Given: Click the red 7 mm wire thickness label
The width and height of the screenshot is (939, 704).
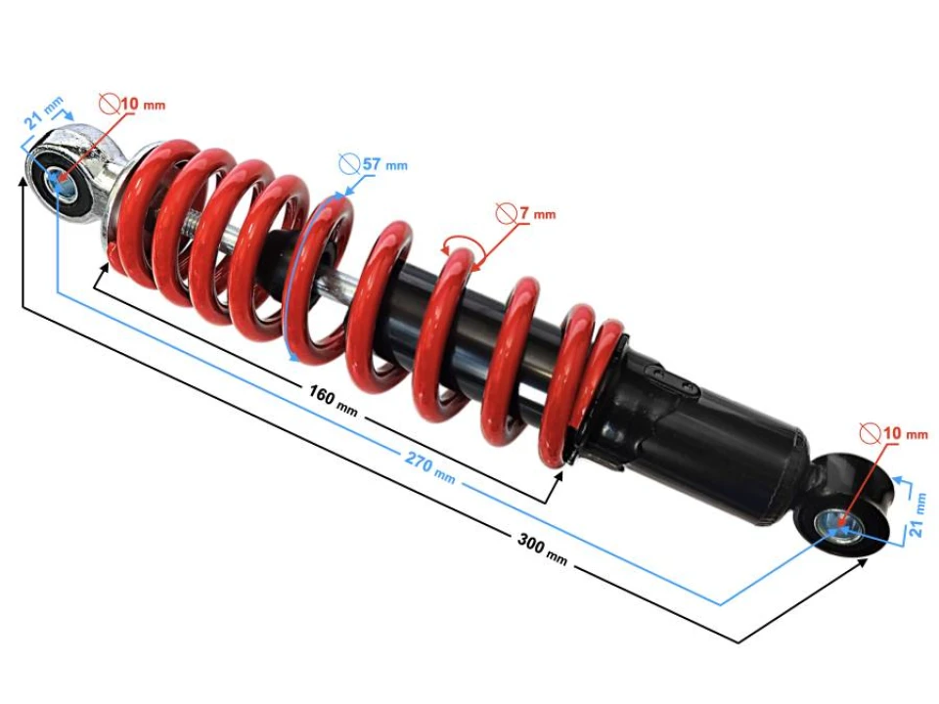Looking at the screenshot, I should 537,213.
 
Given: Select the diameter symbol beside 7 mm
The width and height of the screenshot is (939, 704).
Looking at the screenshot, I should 506,212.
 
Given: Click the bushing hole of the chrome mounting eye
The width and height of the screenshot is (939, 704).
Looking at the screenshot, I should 62,182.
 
